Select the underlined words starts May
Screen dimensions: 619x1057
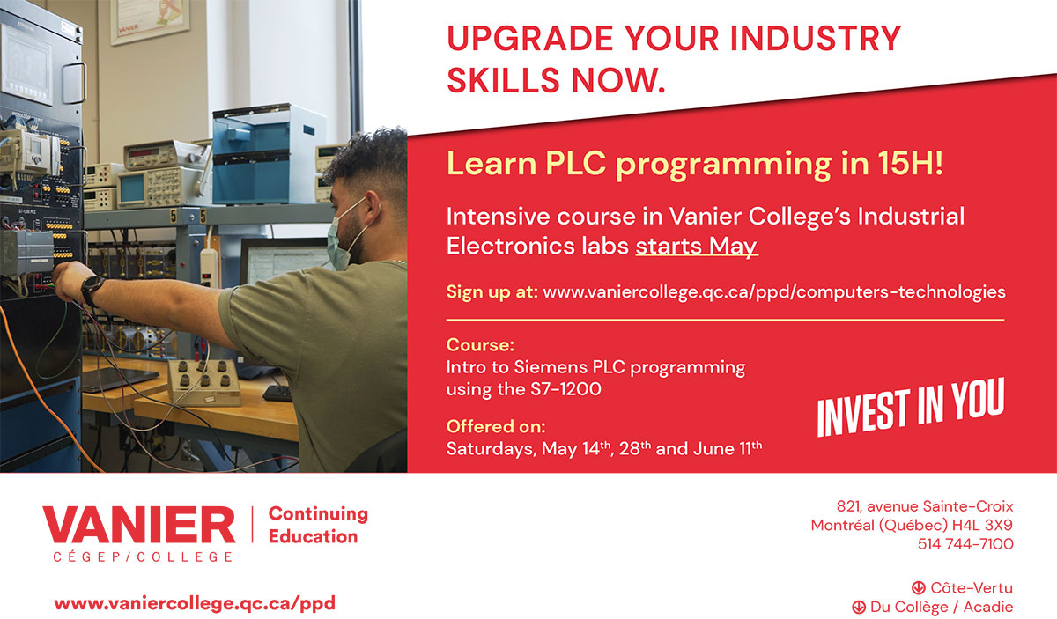coord(696,246)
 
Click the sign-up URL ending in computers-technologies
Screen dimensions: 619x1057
coord(774,291)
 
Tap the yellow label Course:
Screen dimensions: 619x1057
coord(480,344)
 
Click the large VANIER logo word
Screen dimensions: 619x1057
coord(139,526)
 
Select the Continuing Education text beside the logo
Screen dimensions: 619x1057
coord(317,525)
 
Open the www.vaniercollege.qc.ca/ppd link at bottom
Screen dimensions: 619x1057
coord(195,604)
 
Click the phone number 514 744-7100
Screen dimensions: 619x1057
coord(965,544)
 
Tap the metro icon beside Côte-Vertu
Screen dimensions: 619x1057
coord(918,587)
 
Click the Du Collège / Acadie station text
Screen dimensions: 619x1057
coord(941,607)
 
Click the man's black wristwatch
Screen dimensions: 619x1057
coord(92,288)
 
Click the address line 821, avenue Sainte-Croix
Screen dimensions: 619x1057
coord(925,506)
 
